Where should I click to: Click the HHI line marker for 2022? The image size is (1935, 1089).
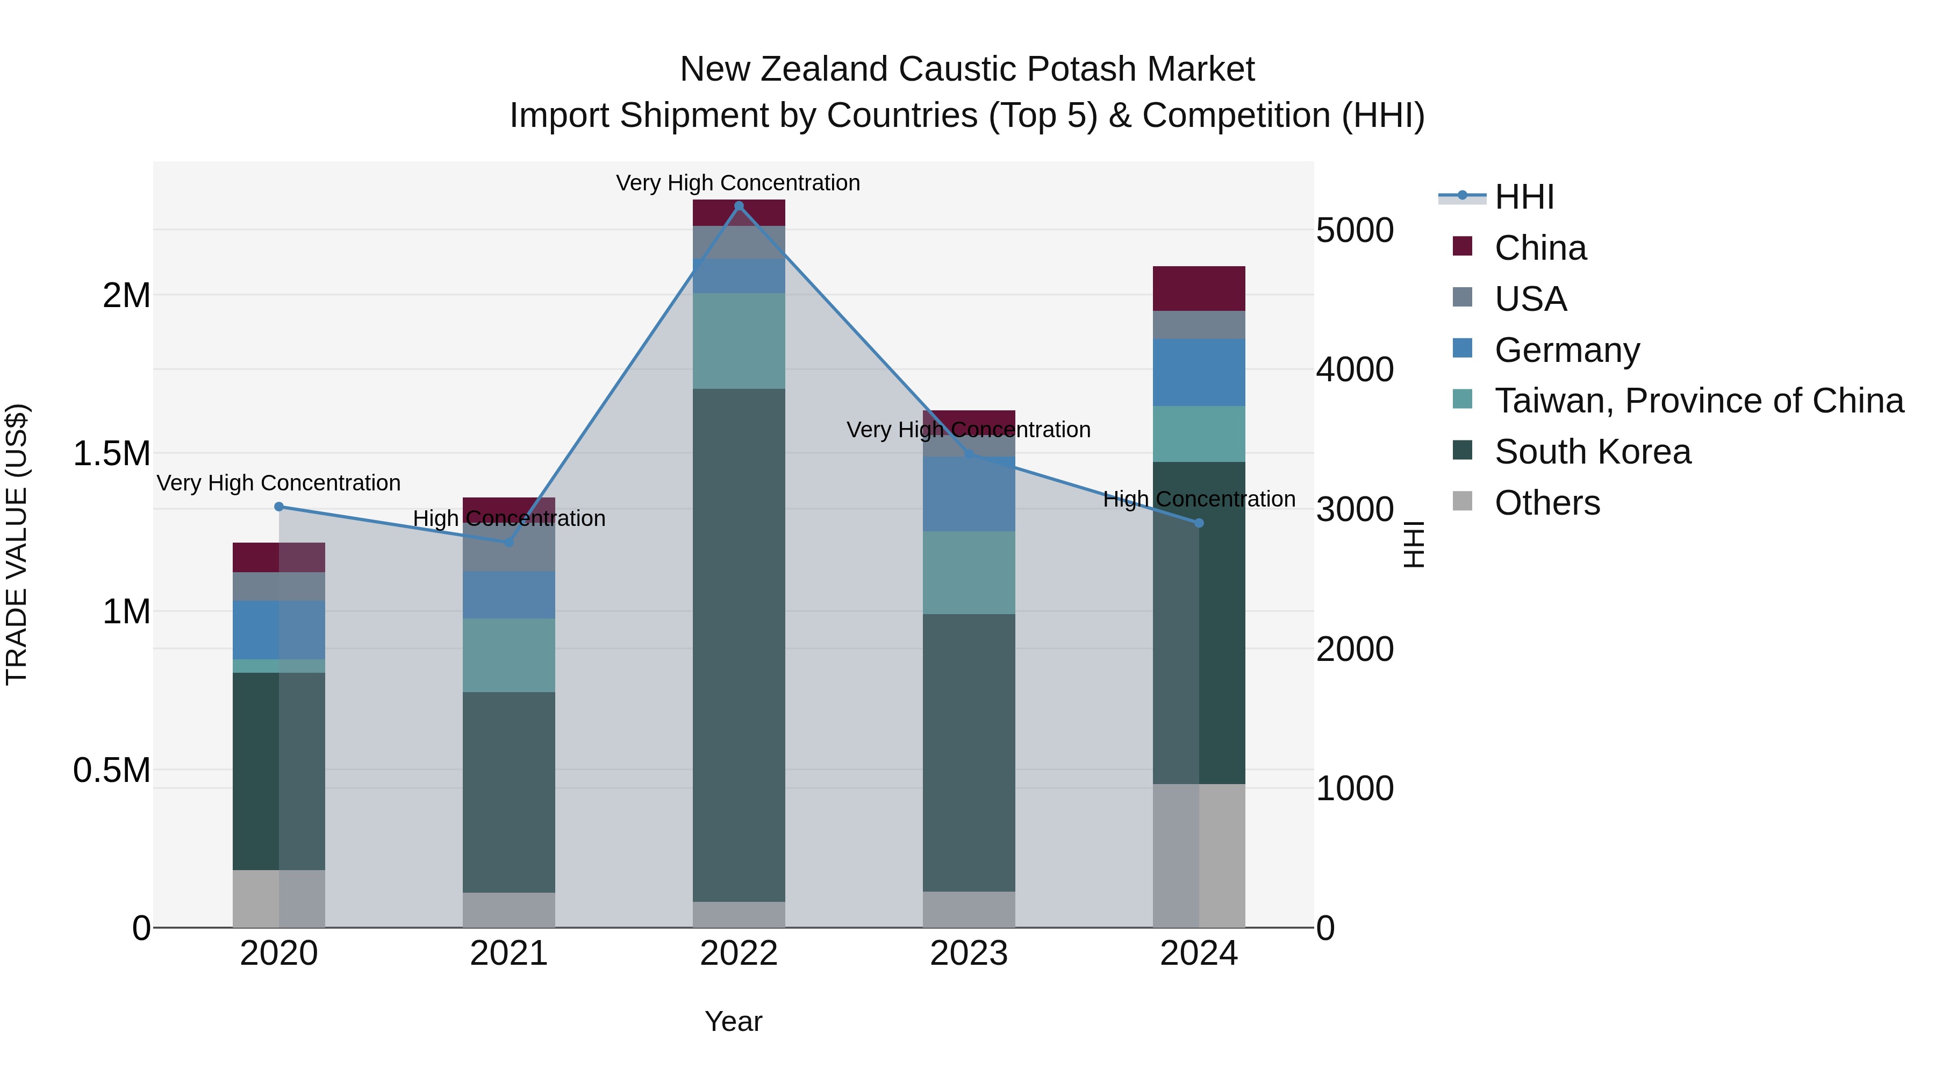pyautogui.click(x=739, y=206)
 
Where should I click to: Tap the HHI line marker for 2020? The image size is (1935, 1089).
pyautogui.click(x=278, y=507)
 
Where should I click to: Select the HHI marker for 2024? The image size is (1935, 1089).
pyautogui.click(x=1199, y=523)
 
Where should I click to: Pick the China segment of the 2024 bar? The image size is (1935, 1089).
pyautogui.click(x=1199, y=289)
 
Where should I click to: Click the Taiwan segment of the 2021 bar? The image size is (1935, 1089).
pyautogui.click(x=508, y=656)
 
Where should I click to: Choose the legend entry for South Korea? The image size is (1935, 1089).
pyautogui.click(x=1593, y=452)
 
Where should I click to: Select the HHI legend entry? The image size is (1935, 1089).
pyautogui.click(x=1524, y=197)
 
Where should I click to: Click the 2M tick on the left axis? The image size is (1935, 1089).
pyautogui.click(x=126, y=295)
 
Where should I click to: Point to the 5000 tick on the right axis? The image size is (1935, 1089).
pyautogui.click(x=1354, y=230)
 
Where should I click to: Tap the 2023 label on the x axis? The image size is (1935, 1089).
pyautogui.click(x=969, y=953)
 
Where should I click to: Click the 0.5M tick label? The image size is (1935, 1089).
pyautogui.click(x=111, y=770)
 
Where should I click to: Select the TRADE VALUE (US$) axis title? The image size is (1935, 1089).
pyautogui.click(x=17, y=544)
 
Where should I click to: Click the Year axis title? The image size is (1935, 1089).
pyautogui.click(x=733, y=1021)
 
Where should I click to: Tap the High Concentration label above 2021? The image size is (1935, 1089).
pyautogui.click(x=508, y=518)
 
